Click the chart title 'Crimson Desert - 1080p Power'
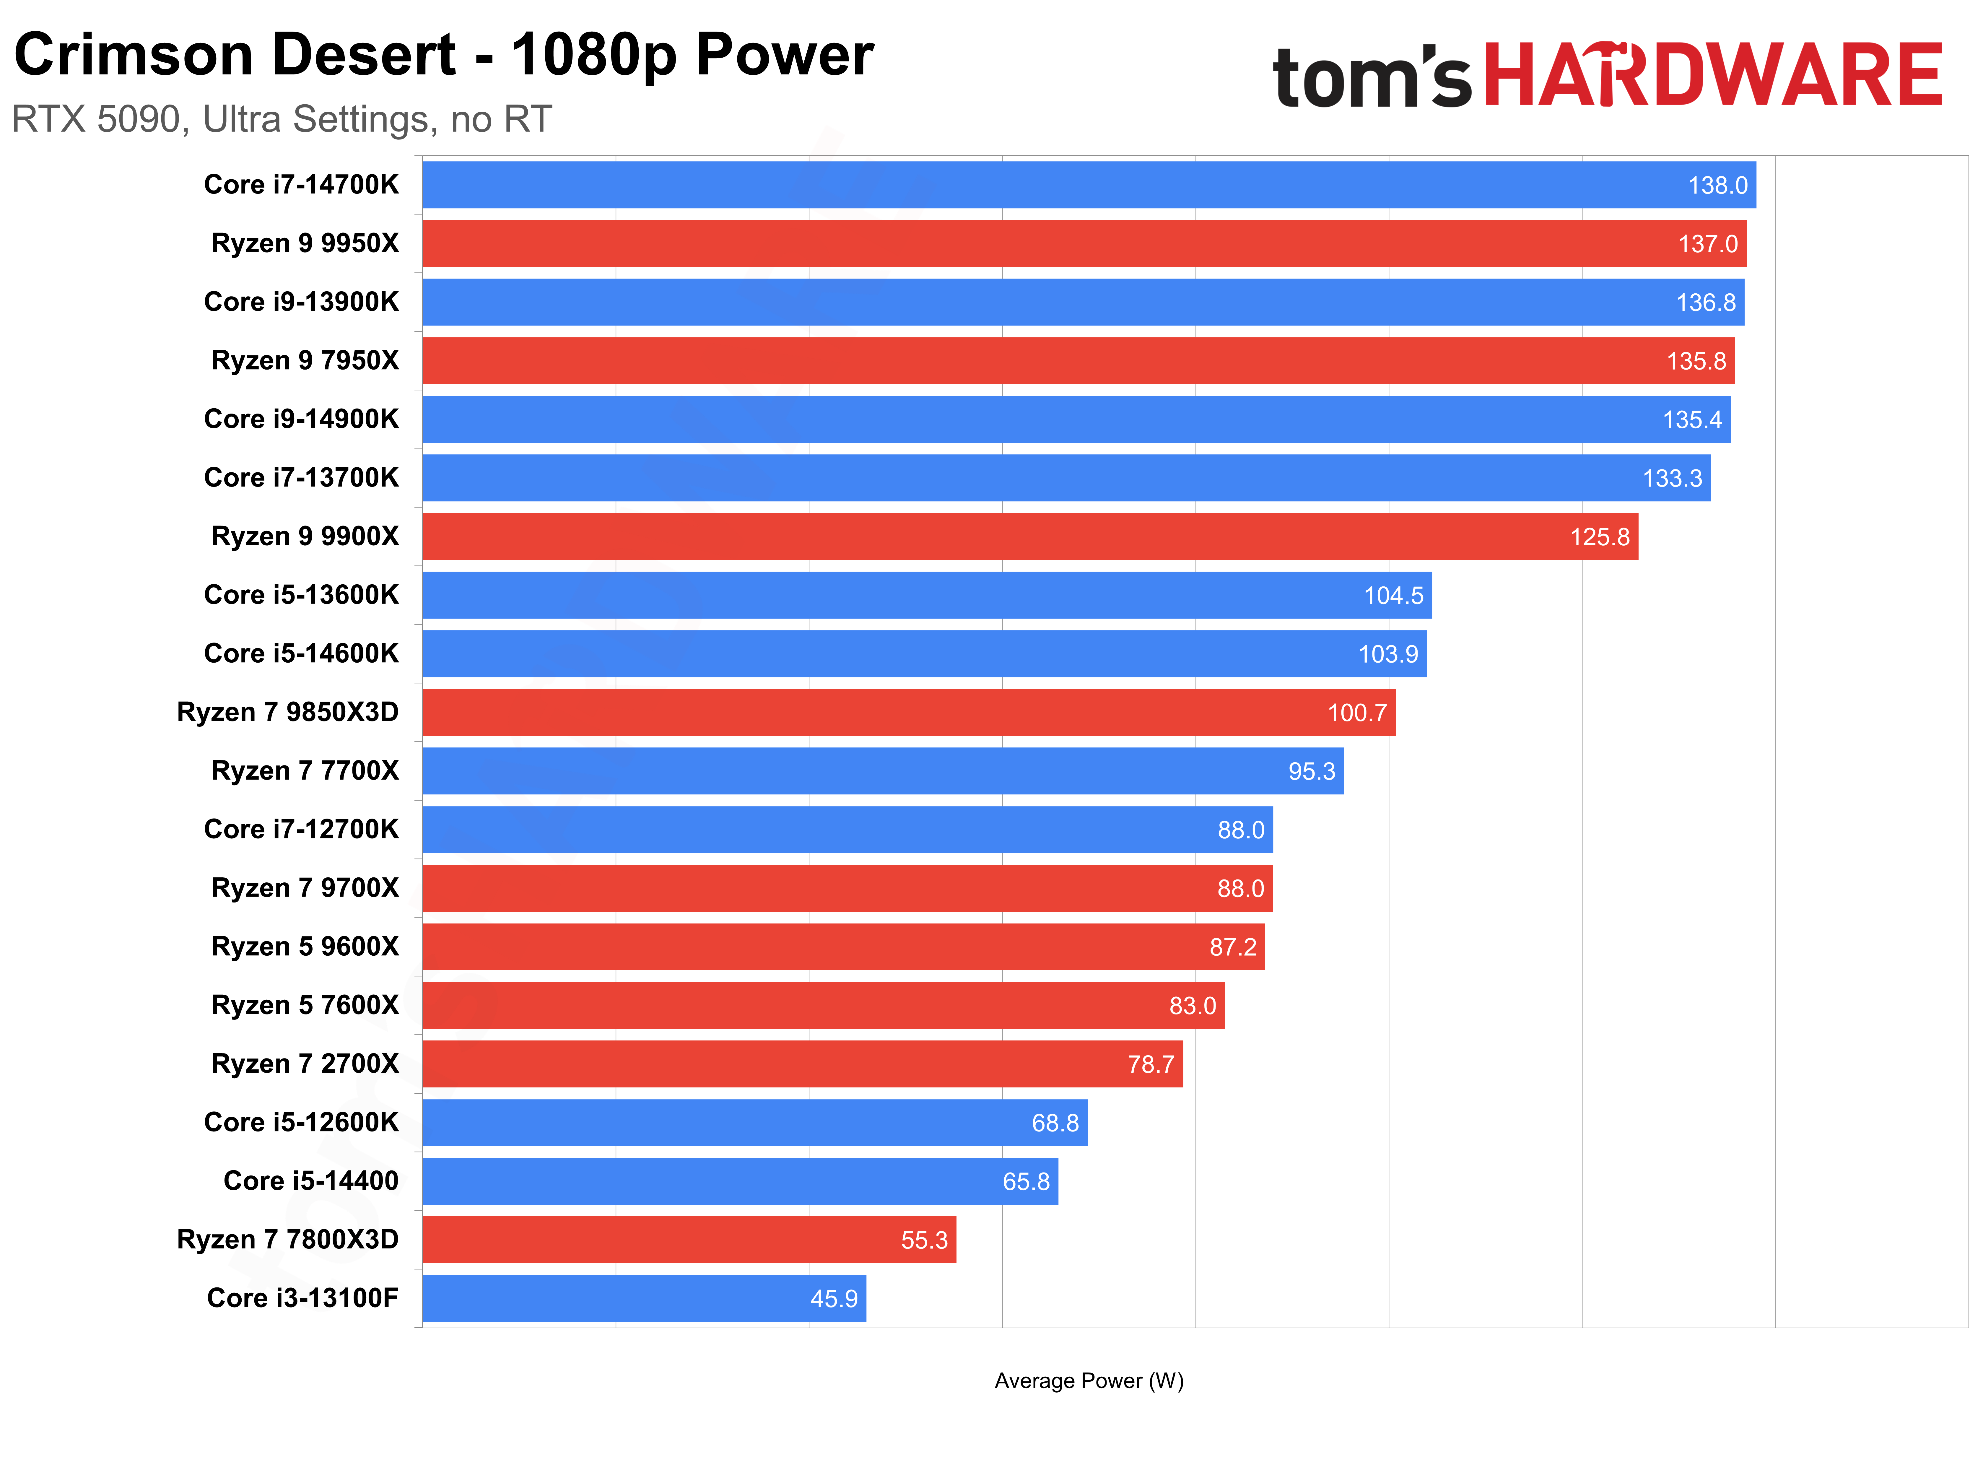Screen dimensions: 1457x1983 pos(443,55)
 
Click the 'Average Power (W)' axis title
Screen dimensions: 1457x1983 pos(1089,1380)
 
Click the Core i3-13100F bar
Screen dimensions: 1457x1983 pos(644,1298)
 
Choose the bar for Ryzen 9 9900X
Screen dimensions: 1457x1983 pos(1030,536)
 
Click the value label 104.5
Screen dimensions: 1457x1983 pos(1393,595)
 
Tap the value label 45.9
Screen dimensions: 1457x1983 pos(833,1298)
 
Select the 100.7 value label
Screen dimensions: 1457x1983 pos(1357,713)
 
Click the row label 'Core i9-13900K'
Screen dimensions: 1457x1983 pos(302,302)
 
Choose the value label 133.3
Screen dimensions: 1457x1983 pos(1672,478)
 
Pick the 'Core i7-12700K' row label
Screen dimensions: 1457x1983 pos(302,829)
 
